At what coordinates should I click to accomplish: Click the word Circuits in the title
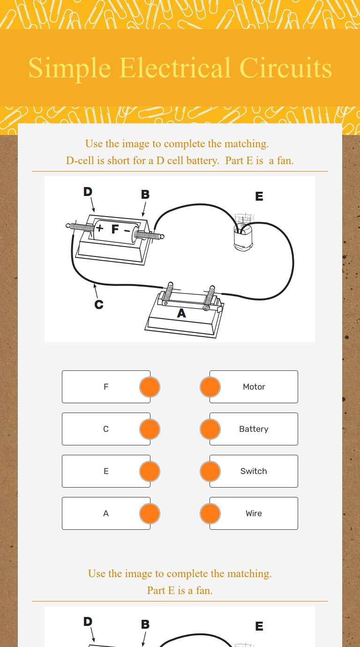click(285, 68)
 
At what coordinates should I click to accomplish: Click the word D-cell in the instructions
click(80, 161)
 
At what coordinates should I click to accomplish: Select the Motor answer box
click(254, 387)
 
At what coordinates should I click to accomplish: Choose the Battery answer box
click(254, 429)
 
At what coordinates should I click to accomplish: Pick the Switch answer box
click(254, 471)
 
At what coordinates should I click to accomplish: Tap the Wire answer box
click(254, 513)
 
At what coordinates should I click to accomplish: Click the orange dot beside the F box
click(150, 387)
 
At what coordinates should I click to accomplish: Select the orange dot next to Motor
click(210, 387)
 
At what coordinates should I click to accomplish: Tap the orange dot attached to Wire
click(210, 513)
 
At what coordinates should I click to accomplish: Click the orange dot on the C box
click(150, 429)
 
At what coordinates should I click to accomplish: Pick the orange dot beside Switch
click(210, 471)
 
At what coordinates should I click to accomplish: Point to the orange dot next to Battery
click(210, 429)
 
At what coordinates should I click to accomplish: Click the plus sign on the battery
click(99, 228)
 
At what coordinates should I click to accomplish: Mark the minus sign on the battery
click(127, 231)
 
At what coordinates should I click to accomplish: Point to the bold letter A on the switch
click(181, 313)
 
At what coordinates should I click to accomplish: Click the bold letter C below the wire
click(99, 304)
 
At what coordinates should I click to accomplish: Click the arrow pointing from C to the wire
click(96, 291)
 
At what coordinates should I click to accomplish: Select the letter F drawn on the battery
click(115, 229)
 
